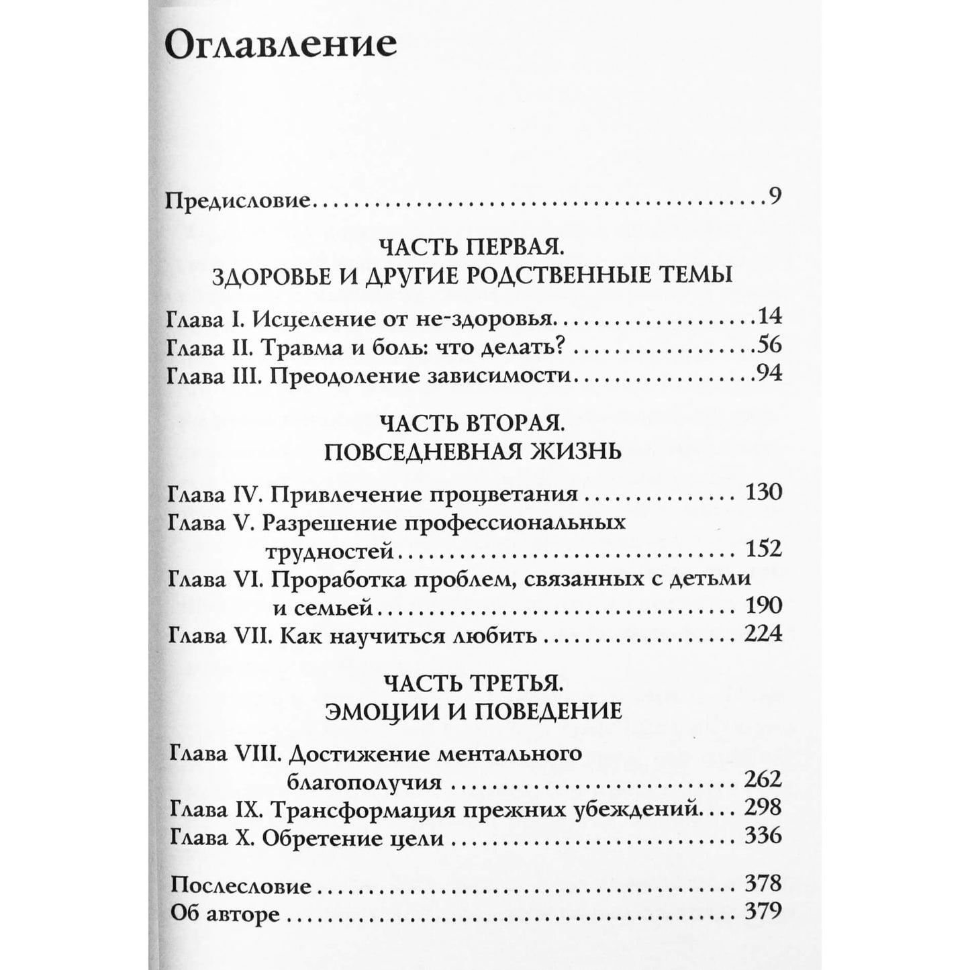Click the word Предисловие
pyautogui.click(x=238, y=201)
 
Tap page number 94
pyautogui.click(x=769, y=373)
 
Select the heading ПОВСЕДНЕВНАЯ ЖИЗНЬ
pyautogui.click(x=472, y=451)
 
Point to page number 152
pyautogui.click(x=764, y=549)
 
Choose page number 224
pyautogui.click(x=764, y=634)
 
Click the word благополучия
pyautogui.click(x=364, y=783)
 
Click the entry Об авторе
pyautogui.click(x=225, y=913)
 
